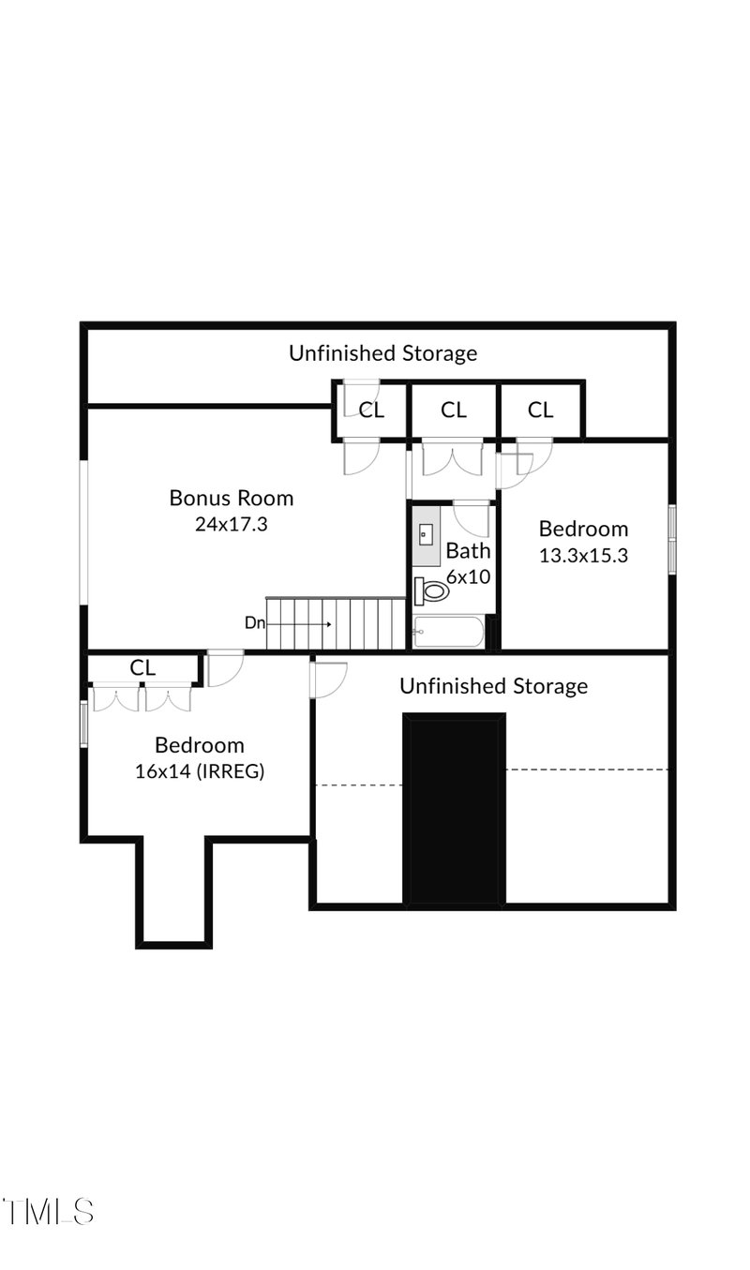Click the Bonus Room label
click(232, 498)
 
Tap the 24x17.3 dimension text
click(232, 524)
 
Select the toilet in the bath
click(431, 590)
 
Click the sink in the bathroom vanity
click(426, 534)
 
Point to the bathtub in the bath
click(448, 631)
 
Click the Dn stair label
click(255, 623)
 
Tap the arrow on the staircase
click(299, 624)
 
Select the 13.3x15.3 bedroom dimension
click(583, 555)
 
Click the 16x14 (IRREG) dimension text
click(200, 771)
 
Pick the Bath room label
click(468, 550)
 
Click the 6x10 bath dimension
click(468, 576)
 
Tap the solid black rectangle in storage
click(454, 807)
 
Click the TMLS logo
click(48, 1212)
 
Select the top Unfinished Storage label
click(382, 353)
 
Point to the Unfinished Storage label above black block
click(493, 686)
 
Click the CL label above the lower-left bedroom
click(142, 668)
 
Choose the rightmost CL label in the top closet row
click(540, 410)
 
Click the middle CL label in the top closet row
click(454, 410)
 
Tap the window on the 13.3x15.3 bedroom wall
click(672, 540)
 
